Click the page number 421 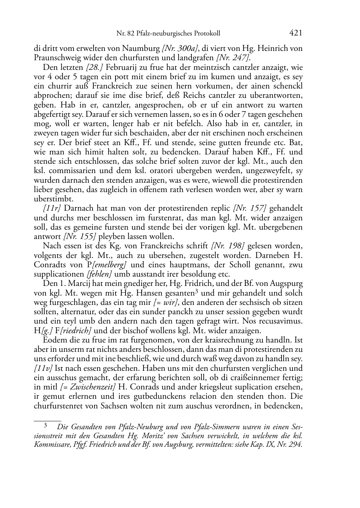[x=295, y=33]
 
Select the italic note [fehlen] [x=99, y=274]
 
